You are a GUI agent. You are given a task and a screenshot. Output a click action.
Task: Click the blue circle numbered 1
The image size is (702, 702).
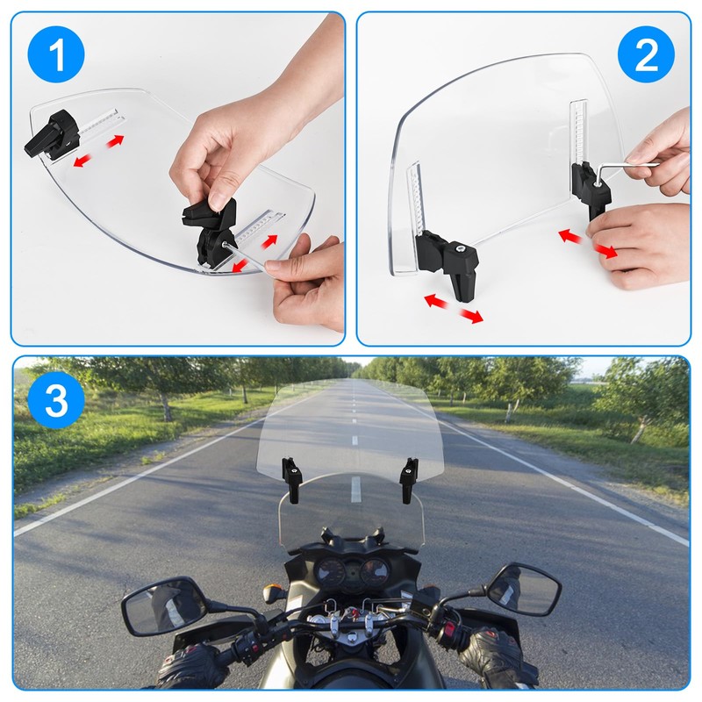point(56,54)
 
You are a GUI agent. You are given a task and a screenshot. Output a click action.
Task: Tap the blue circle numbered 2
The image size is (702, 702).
point(646,54)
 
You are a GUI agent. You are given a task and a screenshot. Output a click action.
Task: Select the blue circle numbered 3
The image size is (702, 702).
point(56,400)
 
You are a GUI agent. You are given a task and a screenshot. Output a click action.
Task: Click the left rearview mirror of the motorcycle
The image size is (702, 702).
point(164,606)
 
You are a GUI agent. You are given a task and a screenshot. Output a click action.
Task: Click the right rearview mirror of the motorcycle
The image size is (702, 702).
point(523,588)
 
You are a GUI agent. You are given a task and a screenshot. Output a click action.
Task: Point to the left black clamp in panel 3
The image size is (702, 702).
point(292,479)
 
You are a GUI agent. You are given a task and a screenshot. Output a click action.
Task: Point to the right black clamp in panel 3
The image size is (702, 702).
point(408,479)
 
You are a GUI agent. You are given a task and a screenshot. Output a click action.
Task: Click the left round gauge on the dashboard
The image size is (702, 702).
point(329,572)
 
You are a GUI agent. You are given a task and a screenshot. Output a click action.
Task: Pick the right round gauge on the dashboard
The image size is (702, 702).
point(375,571)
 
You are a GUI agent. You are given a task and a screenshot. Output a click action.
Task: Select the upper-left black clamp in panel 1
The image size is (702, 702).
point(52,133)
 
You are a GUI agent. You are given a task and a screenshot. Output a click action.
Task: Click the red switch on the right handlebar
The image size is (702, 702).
point(448,628)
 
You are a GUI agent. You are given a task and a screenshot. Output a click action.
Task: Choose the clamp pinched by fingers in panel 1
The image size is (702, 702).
point(210,232)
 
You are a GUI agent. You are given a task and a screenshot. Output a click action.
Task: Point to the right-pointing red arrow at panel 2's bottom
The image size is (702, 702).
point(470,315)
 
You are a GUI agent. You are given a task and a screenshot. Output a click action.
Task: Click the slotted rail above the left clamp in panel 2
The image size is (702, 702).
point(415,198)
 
